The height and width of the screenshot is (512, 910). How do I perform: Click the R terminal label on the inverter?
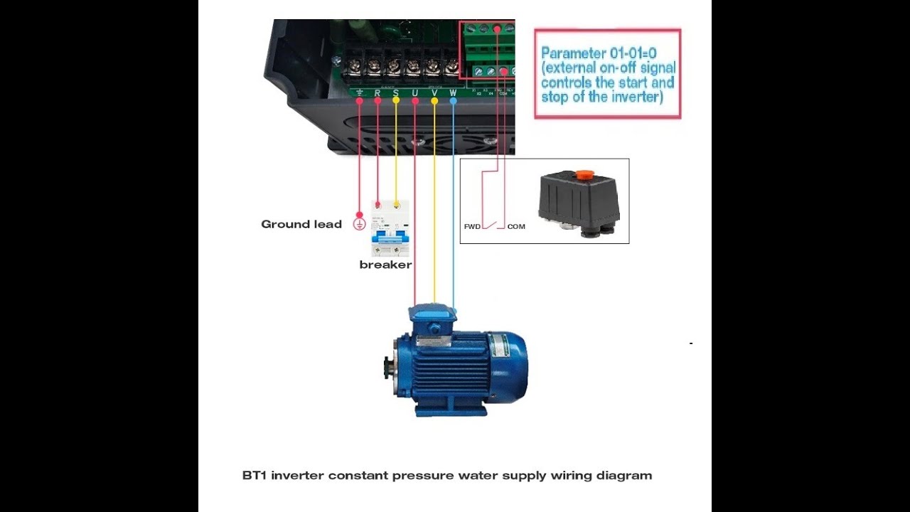[378, 92]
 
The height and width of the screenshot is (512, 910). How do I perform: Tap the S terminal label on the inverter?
[396, 92]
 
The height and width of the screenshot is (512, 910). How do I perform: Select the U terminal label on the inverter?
[414, 92]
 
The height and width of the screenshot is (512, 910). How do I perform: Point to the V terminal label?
[434, 92]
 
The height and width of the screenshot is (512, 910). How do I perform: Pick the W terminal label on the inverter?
[453, 92]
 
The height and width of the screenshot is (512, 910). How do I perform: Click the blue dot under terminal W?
[453, 102]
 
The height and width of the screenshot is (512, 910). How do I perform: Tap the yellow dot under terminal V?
[434, 102]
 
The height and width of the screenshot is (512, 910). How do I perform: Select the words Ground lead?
[301, 224]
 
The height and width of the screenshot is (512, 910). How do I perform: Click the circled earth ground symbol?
[360, 224]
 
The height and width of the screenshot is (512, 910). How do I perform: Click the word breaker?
[385, 265]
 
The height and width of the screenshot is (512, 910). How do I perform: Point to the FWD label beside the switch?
[472, 227]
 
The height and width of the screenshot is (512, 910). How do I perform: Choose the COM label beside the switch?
[516, 227]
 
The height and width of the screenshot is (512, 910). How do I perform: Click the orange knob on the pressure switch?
[584, 174]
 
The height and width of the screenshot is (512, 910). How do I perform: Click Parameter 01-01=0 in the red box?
[598, 53]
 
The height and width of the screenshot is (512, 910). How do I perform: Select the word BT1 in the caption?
[254, 475]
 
